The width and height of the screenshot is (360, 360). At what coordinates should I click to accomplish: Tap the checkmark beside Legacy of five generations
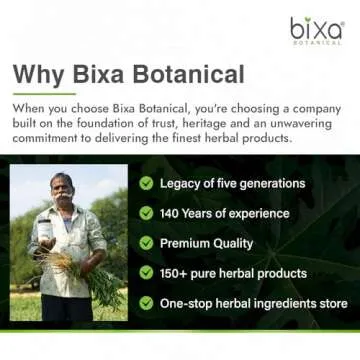point(147,183)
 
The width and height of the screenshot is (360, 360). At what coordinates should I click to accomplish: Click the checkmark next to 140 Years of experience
point(147,213)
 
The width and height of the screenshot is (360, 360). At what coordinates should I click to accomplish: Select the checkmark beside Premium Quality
point(147,243)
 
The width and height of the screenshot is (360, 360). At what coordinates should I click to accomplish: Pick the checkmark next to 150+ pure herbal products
point(147,272)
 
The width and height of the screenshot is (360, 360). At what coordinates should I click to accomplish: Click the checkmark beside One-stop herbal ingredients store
point(147,302)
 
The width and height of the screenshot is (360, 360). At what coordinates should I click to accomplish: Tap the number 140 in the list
point(174,213)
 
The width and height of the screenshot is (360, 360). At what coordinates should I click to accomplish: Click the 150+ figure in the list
point(178,272)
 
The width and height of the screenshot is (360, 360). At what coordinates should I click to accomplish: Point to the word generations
point(269,183)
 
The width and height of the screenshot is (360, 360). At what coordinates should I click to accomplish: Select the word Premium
point(188,243)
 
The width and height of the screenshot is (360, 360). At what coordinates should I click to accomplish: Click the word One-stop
point(189,302)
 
